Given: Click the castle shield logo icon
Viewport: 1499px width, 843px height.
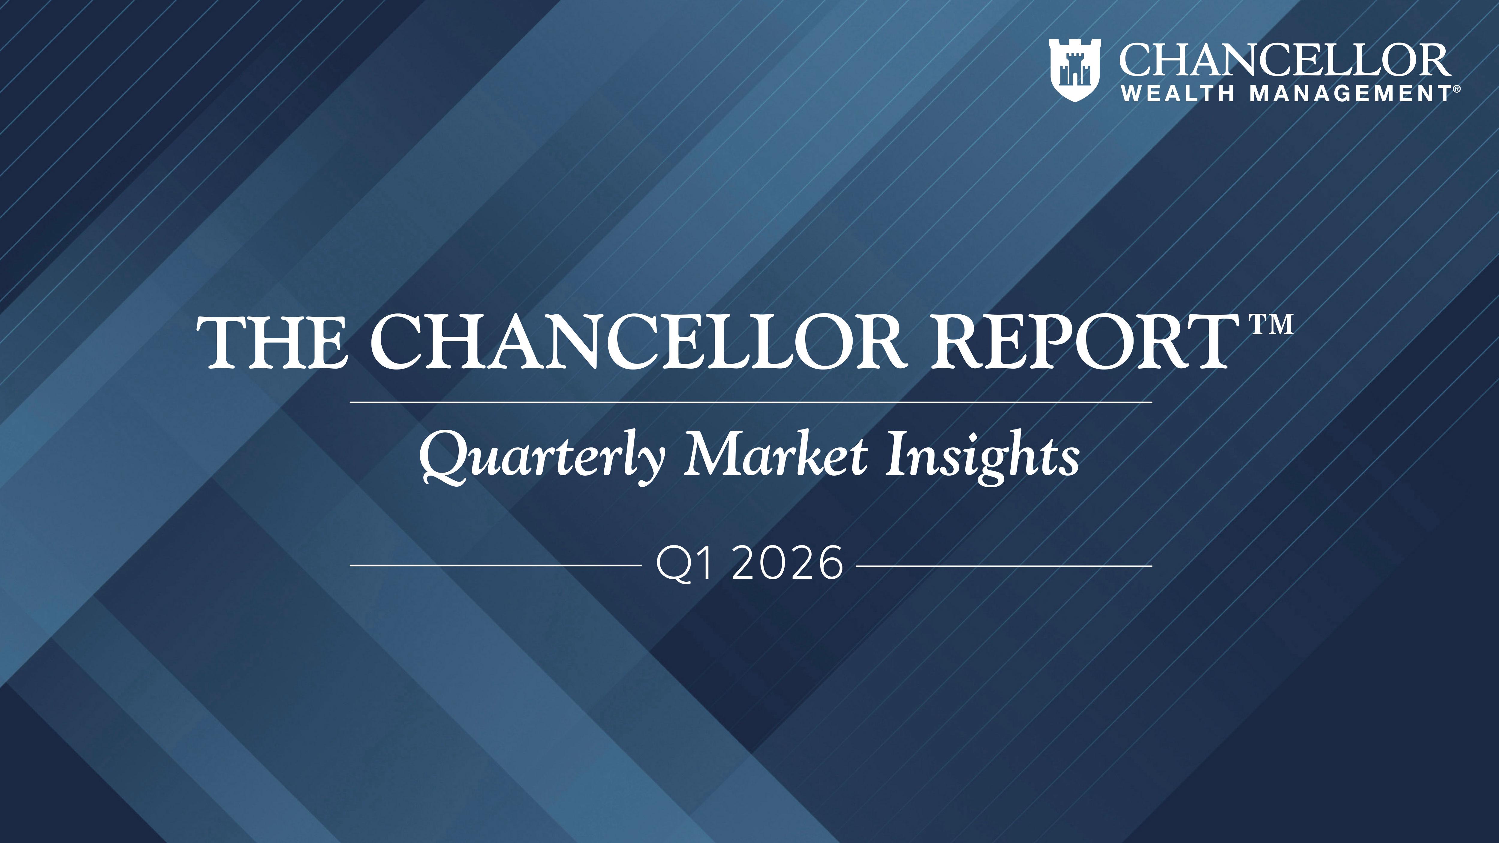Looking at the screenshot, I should pos(1074,70).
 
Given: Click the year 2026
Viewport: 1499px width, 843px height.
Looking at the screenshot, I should pos(787,563).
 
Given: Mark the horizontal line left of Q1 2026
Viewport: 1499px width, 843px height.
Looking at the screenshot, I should pos(495,565).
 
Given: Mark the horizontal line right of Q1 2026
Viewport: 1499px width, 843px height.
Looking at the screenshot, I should pos(1004,565).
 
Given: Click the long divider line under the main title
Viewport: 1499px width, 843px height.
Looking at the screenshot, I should pos(751,402).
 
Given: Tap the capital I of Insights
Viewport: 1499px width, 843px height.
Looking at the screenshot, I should pos(896,454).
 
